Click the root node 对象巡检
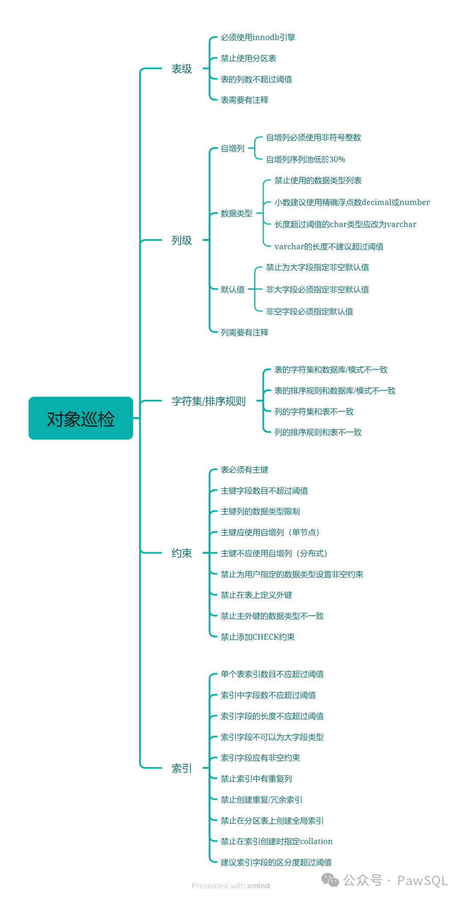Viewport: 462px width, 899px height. click(81, 418)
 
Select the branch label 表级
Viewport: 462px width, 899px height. click(181, 69)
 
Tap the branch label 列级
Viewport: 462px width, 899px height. click(181, 240)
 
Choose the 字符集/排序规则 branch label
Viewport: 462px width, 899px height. click(208, 401)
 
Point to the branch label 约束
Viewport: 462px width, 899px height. click(181, 553)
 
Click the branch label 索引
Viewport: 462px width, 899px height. click(181, 768)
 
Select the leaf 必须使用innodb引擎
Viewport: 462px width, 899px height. click(258, 38)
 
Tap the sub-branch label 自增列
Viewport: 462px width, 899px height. click(232, 149)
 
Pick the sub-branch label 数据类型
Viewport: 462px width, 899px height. click(236, 213)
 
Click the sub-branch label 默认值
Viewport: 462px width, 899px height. click(232, 290)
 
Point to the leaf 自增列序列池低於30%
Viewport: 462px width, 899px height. click(305, 159)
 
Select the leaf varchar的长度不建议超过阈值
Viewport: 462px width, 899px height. click(329, 247)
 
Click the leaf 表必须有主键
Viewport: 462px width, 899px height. click(244, 470)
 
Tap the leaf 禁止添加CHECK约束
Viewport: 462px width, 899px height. click(258, 637)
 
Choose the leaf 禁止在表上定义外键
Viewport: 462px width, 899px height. click(256, 595)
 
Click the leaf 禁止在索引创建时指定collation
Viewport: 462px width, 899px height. click(276, 841)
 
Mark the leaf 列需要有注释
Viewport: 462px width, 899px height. click(244, 332)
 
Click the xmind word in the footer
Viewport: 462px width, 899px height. click(258, 886)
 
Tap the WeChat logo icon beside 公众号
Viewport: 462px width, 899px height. click(330, 880)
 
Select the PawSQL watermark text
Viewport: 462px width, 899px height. click(422, 881)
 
